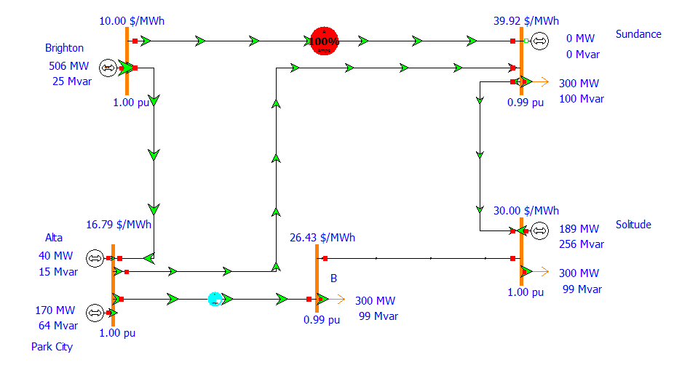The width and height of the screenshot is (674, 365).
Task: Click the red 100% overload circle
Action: [325, 41]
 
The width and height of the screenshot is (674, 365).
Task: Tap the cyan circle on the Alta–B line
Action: [215, 298]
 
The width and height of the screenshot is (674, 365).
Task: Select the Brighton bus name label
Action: [65, 48]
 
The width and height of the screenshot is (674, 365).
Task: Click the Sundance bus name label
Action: [638, 34]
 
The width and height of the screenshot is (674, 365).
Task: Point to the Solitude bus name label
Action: [633, 225]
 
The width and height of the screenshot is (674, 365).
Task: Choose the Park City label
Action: [52, 347]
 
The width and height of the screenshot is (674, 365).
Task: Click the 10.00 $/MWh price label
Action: [132, 20]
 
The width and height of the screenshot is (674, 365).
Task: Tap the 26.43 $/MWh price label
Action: [322, 238]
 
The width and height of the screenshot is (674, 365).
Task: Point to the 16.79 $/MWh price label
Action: [119, 224]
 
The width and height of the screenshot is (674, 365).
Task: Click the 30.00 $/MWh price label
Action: [526, 210]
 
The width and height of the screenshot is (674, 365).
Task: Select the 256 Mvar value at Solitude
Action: [582, 244]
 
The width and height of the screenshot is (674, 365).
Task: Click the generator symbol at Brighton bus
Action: [107, 68]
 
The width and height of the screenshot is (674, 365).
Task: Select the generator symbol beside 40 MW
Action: [95, 257]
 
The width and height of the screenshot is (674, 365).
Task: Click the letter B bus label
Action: [334, 278]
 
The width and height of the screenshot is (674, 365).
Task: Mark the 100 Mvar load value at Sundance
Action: [582, 98]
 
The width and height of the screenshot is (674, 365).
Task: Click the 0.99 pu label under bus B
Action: [322, 319]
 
